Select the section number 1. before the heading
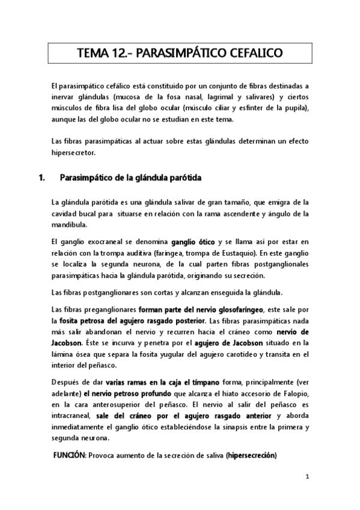41,178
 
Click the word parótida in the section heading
183,178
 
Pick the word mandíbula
70,226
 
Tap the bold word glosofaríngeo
236,309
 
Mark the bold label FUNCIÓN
70,455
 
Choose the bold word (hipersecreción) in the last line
251,455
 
